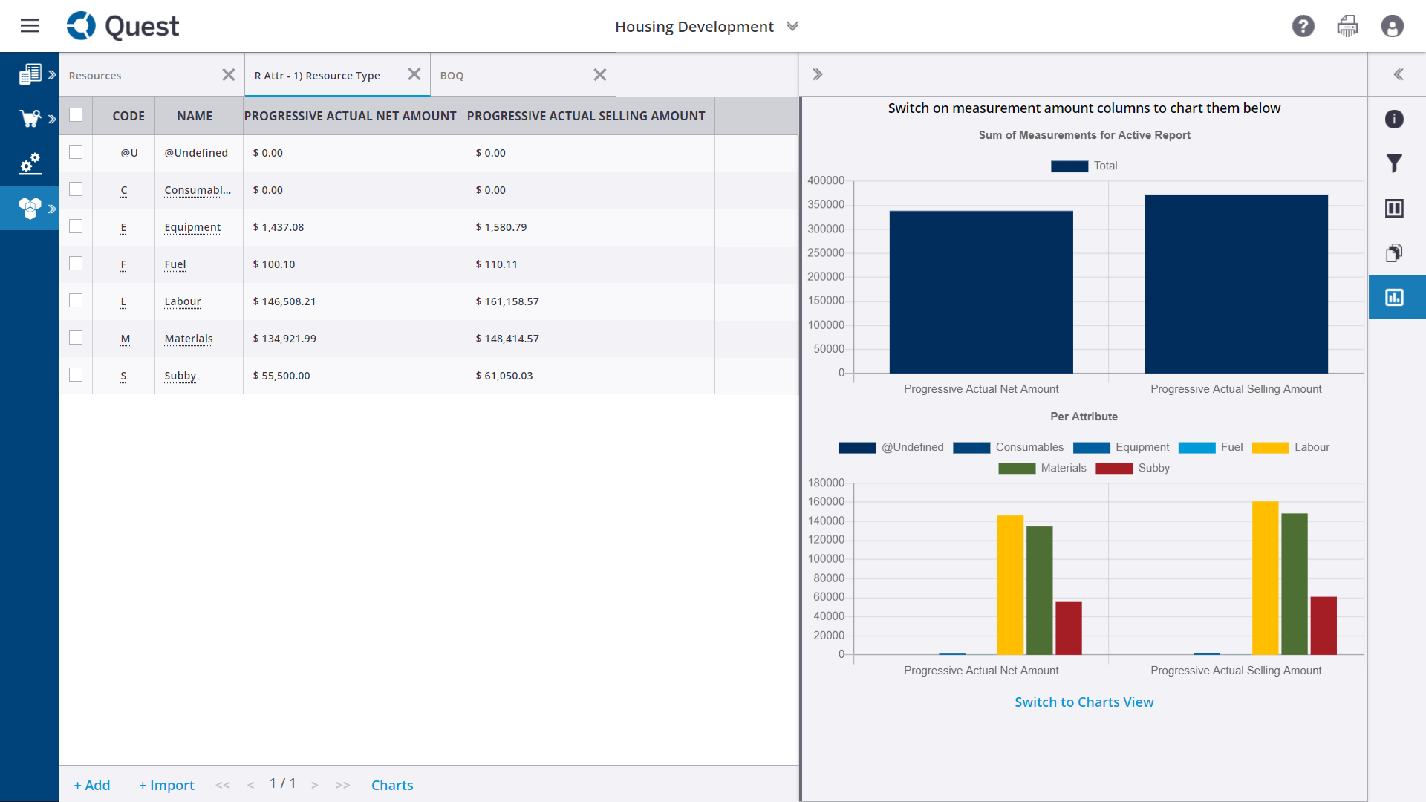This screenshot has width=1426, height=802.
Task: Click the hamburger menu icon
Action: [x=30, y=26]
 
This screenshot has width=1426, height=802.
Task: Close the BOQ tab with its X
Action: [x=600, y=75]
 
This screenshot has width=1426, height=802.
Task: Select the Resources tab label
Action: [x=95, y=76]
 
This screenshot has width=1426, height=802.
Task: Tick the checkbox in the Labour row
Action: [x=76, y=301]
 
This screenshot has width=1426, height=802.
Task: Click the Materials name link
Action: [x=189, y=339]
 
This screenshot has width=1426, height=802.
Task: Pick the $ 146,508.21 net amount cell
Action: [x=284, y=301]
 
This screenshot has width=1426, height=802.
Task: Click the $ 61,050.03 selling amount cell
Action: [x=504, y=376]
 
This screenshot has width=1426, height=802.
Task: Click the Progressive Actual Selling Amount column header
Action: [x=586, y=116]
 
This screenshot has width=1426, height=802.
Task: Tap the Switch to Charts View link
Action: [x=1084, y=702]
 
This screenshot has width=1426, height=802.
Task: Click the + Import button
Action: [x=166, y=785]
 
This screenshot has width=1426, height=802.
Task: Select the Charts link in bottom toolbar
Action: [x=392, y=785]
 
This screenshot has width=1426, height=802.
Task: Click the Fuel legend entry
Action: [x=1211, y=447]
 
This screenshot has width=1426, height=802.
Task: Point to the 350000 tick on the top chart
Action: [x=826, y=204]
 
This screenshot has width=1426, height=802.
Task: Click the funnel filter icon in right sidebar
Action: [x=1394, y=163]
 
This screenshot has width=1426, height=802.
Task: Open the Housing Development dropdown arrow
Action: [x=792, y=26]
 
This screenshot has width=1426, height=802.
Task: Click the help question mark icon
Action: [x=1303, y=26]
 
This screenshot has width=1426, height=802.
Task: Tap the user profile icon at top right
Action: [x=1392, y=26]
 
